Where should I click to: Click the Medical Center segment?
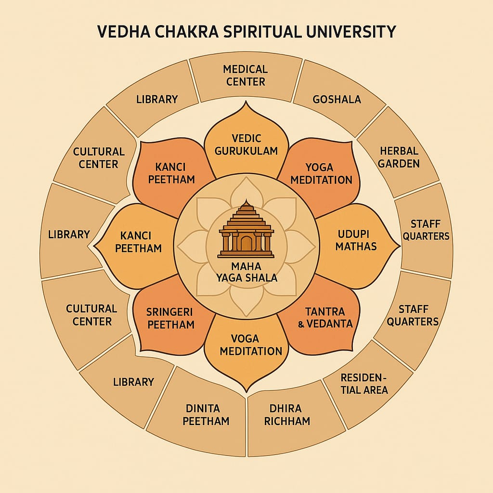pos(246,76)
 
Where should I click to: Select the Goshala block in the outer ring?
pos(337,100)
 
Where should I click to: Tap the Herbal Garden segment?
pos(399,157)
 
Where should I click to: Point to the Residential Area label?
pos(364,383)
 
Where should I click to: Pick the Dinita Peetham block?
pos(202,415)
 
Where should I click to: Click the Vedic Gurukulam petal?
pos(246,144)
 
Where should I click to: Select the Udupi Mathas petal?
pos(356,240)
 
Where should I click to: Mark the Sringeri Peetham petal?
pos(170,318)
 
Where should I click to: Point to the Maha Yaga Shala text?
pos(247,272)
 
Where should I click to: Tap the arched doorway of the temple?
pos(246,243)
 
